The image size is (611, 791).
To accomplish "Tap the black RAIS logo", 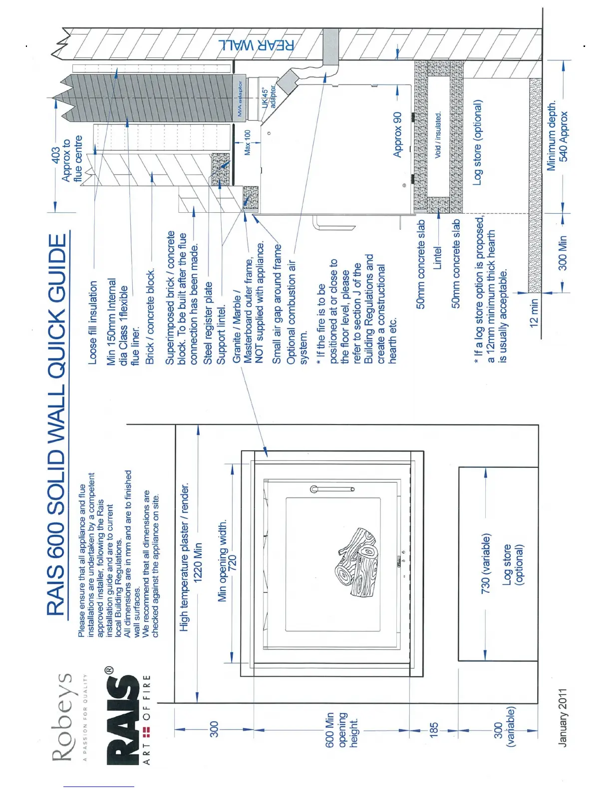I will (x=122, y=714).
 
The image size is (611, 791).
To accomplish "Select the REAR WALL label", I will (x=256, y=45).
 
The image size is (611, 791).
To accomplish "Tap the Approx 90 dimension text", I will (x=397, y=134).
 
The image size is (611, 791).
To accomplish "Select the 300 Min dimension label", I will (x=563, y=253).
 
